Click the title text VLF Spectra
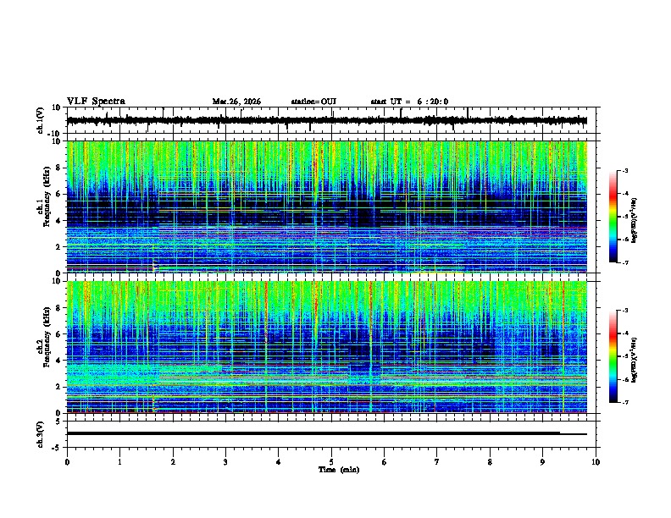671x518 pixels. pyautogui.click(x=96, y=102)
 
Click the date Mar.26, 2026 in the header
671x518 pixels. pyautogui.click(x=236, y=102)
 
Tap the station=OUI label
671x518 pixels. pyautogui.click(x=313, y=102)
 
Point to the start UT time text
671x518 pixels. pyautogui.click(x=409, y=102)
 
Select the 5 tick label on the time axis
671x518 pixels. pyautogui.click(x=331, y=461)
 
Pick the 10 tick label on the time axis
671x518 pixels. pyautogui.click(x=596, y=461)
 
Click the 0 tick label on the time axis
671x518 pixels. pyautogui.click(x=67, y=461)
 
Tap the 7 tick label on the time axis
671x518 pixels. pyautogui.click(x=437, y=461)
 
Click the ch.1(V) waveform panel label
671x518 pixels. pyautogui.click(x=41, y=121)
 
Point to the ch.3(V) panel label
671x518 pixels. pyautogui.click(x=41, y=433)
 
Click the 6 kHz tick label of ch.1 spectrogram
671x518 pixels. pyautogui.click(x=60, y=194)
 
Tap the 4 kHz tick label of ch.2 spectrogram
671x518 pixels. pyautogui.click(x=60, y=360)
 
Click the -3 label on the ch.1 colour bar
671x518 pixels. pyautogui.click(x=626, y=172)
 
